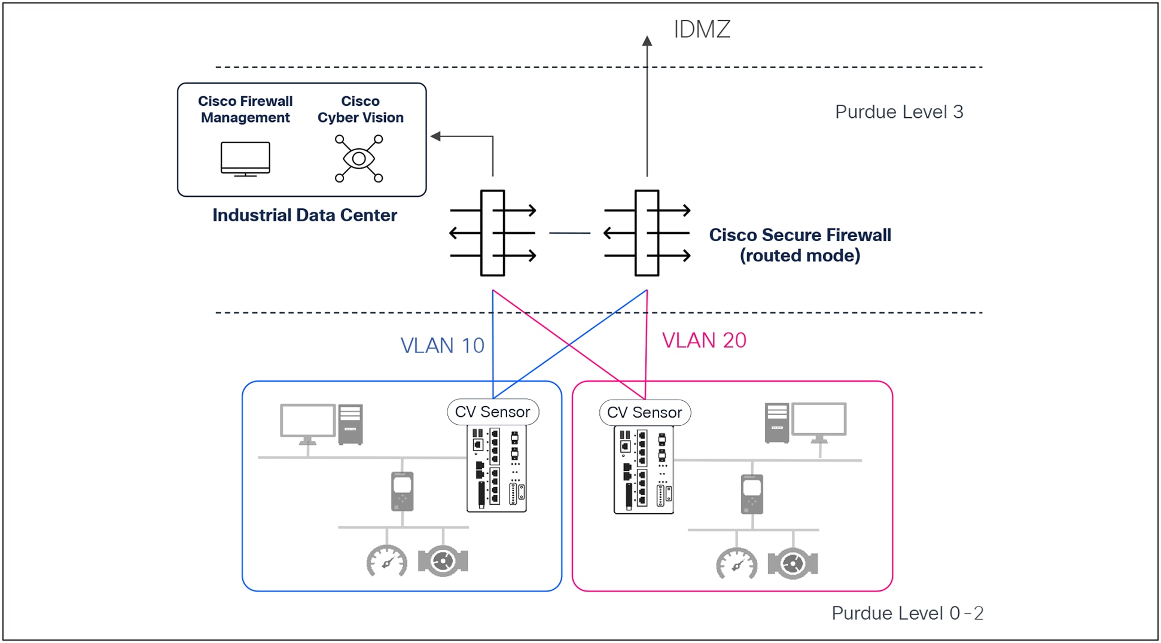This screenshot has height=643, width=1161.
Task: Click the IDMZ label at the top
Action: pos(702,29)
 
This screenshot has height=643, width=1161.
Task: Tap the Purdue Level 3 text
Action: pos(898,112)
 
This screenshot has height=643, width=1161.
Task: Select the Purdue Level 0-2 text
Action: pos(907,613)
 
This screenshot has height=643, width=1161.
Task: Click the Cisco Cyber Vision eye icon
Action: pos(359,159)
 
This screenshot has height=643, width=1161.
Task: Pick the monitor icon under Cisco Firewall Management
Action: pos(245,159)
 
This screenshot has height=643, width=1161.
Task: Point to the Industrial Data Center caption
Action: pos(304,215)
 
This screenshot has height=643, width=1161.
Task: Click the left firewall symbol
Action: pos(492,233)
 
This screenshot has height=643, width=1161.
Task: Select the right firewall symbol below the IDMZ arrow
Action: pos(647,233)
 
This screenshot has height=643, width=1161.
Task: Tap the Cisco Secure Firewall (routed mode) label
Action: pos(800,245)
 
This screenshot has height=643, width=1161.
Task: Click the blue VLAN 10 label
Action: pos(442,346)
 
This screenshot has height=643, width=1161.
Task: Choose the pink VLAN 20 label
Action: pos(704,340)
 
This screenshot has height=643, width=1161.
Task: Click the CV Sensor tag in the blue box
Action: pos(493,412)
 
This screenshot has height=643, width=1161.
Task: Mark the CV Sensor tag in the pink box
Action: pos(645,413)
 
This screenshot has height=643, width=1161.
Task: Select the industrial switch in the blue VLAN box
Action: pos(496,469)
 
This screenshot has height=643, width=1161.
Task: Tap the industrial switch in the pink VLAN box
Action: pos(644,470)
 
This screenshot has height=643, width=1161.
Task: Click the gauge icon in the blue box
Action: pos(387,562)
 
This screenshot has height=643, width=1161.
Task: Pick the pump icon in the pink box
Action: pos(793,563)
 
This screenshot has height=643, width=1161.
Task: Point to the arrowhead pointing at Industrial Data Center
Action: pos(435,136)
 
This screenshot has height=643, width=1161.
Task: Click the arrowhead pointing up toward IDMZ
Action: pos(647,41)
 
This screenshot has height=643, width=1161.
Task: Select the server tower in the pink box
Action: pos(776,423)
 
